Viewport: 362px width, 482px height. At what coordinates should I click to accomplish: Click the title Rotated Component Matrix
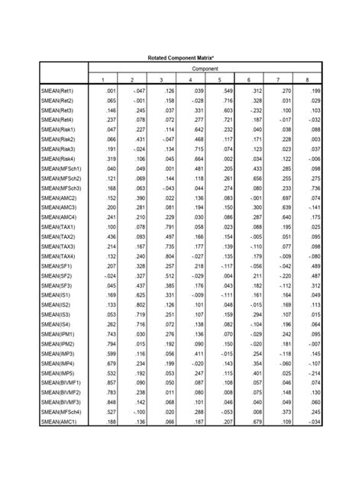pos(180,57)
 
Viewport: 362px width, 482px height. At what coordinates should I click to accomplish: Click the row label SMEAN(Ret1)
pos(58,91)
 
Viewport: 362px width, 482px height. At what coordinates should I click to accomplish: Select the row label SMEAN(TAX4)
pos(59,257)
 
